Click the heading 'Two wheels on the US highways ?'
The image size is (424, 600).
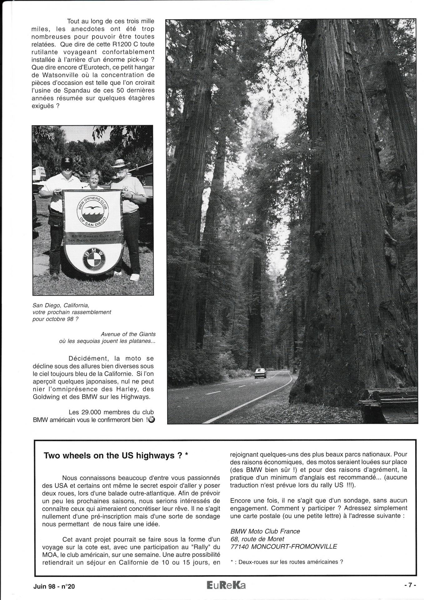coord(116,456)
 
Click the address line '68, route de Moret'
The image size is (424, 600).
coord(257,539)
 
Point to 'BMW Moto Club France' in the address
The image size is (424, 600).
coord(265,531)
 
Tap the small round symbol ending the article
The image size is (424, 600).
coord(152,420)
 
